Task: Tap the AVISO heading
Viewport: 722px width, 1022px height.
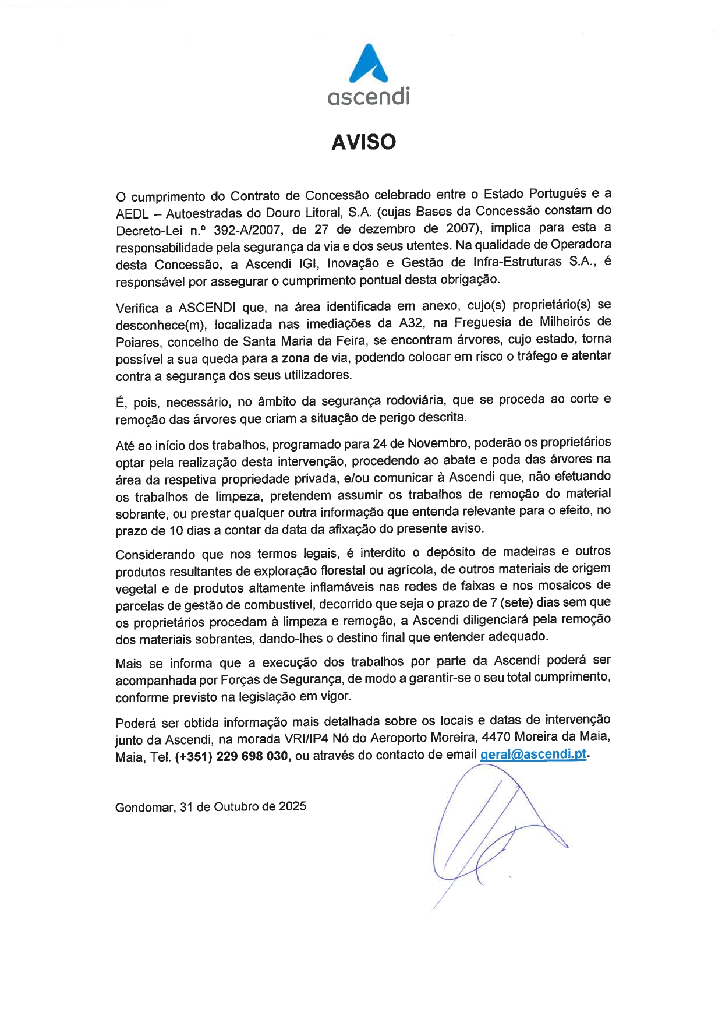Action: [363, 142]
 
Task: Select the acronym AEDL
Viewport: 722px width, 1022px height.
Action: [132, 213]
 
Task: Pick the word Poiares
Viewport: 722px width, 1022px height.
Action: [137, 341]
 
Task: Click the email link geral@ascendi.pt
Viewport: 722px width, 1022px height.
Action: [533, 755]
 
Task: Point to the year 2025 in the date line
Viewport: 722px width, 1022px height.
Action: [292, 807]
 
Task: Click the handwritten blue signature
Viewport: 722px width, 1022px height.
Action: [489, 833]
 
